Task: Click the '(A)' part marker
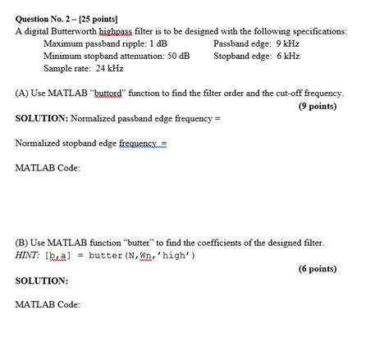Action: coord(23,93)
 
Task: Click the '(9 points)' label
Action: coord(318,106)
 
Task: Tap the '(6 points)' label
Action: coord(317,268)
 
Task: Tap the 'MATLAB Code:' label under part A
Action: coord(47,167)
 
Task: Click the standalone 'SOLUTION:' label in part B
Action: coord(42,280)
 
